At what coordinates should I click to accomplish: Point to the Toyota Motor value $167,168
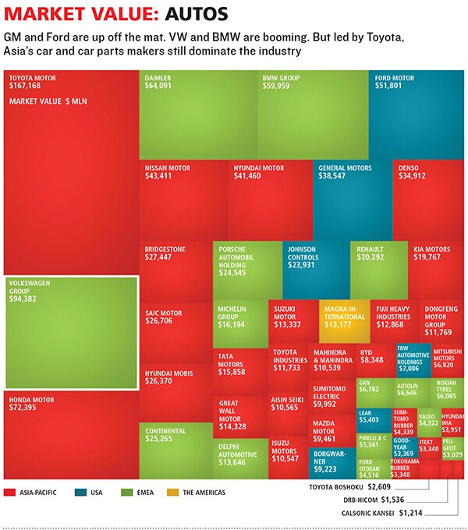tap(25, 85)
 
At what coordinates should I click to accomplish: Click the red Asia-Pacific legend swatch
tap(10, 492)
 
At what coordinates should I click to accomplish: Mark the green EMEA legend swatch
tap(128, 492)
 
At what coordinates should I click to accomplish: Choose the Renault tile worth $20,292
tap(378, 269)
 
